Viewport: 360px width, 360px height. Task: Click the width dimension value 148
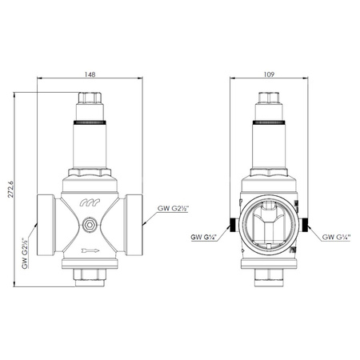click(90, 74)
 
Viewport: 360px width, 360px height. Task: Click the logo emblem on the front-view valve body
click(90, 206)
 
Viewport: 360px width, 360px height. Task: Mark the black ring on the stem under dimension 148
click(90, 124)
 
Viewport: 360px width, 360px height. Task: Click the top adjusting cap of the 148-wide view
click(90, 102)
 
